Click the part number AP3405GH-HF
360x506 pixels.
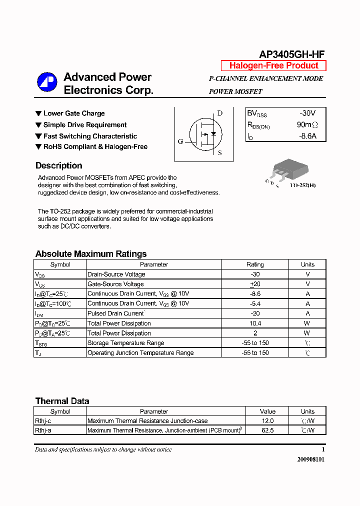292,55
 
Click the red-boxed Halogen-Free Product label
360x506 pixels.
273,65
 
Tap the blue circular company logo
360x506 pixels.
47,83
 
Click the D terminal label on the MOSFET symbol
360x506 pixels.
220,113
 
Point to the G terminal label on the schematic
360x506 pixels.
180,142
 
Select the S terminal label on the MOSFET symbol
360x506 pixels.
220,153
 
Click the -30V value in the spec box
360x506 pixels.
307,113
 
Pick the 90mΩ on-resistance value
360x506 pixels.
307,125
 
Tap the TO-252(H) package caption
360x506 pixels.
302,185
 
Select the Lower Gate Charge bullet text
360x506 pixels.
74,113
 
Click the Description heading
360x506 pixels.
58,165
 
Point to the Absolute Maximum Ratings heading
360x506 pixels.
91,254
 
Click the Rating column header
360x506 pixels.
255,264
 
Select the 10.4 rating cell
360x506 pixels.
255,323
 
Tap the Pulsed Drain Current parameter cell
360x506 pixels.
116,313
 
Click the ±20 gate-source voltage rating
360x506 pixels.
255,284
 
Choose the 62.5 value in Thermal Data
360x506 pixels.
267,430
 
